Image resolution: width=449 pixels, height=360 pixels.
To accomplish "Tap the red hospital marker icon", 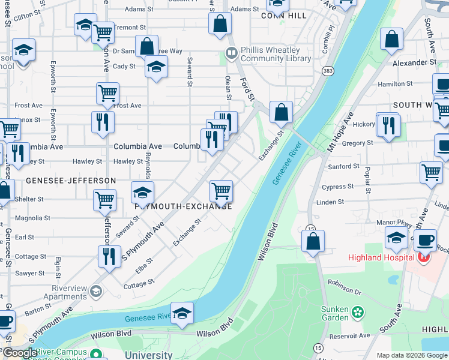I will click(x=424, y=258).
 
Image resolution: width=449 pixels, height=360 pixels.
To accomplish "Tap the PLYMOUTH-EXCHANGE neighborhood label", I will click(x=183, y=205).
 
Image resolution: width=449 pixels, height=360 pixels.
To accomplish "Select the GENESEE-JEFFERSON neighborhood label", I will click(x=71, y=180).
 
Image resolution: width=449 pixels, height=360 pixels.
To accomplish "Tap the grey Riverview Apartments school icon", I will click(x=95, y=292).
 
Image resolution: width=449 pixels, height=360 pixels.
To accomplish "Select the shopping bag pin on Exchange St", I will click(x=280, y=112).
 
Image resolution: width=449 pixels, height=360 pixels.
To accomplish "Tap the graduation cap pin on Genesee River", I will click(x=182, y=314).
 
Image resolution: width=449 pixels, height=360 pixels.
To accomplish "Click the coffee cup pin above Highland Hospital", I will click(x=425, y=241).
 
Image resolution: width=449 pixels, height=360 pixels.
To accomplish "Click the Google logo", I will click(x=20, y=353).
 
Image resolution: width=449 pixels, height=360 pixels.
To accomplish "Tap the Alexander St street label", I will click(x=414, y=62).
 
